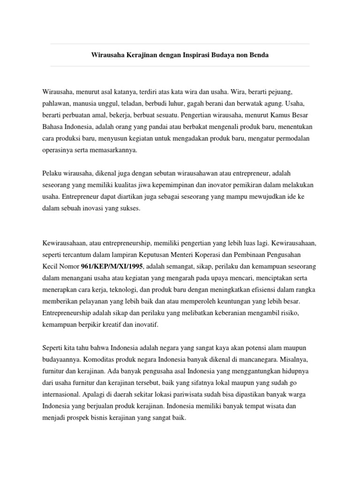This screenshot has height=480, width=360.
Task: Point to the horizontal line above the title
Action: click(x=180, y=44)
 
